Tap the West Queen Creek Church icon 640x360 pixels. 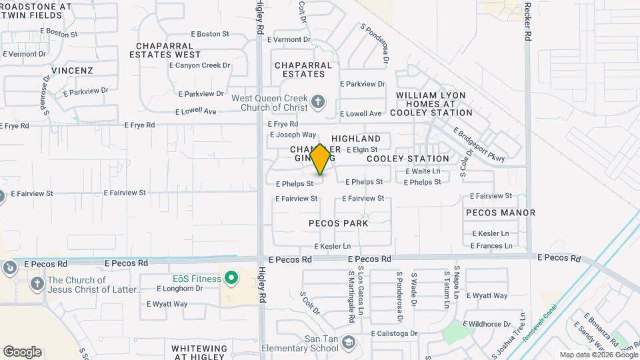[318, 102]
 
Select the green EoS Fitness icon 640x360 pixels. [231, 278]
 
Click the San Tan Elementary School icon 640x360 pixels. [348, 343]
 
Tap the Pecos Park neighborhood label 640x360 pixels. [338, 223]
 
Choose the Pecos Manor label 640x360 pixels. [501, 213]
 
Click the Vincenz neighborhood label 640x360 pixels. [72, 70]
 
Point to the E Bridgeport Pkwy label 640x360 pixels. [479, 145]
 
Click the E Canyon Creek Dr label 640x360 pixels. [199, 65]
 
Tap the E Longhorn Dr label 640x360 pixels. [179, 289]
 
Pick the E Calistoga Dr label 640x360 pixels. [394, 333]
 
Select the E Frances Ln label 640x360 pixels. [491, 245]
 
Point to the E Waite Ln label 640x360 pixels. [423, 171]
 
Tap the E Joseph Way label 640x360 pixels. [293, 135]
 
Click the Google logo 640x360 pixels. [22, 351]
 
